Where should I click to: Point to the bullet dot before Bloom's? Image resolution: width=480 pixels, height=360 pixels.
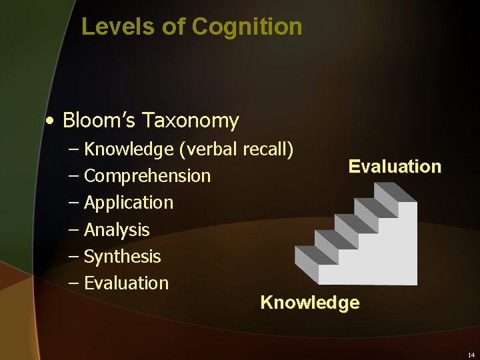point(50,121)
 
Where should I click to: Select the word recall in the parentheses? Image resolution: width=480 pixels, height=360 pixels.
point(267,149)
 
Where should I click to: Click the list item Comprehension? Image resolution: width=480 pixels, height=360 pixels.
point(147,176)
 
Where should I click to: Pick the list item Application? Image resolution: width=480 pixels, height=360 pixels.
point(128,203)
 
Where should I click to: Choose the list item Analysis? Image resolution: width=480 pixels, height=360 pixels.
point(117,230)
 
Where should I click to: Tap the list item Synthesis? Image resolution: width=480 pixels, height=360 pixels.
point(122,257)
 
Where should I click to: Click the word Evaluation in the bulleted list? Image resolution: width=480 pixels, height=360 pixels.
point(126,283)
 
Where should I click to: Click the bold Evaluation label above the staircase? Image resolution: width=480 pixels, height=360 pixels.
point(395,167)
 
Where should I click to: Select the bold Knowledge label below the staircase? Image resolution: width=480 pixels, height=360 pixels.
point(309,303)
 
